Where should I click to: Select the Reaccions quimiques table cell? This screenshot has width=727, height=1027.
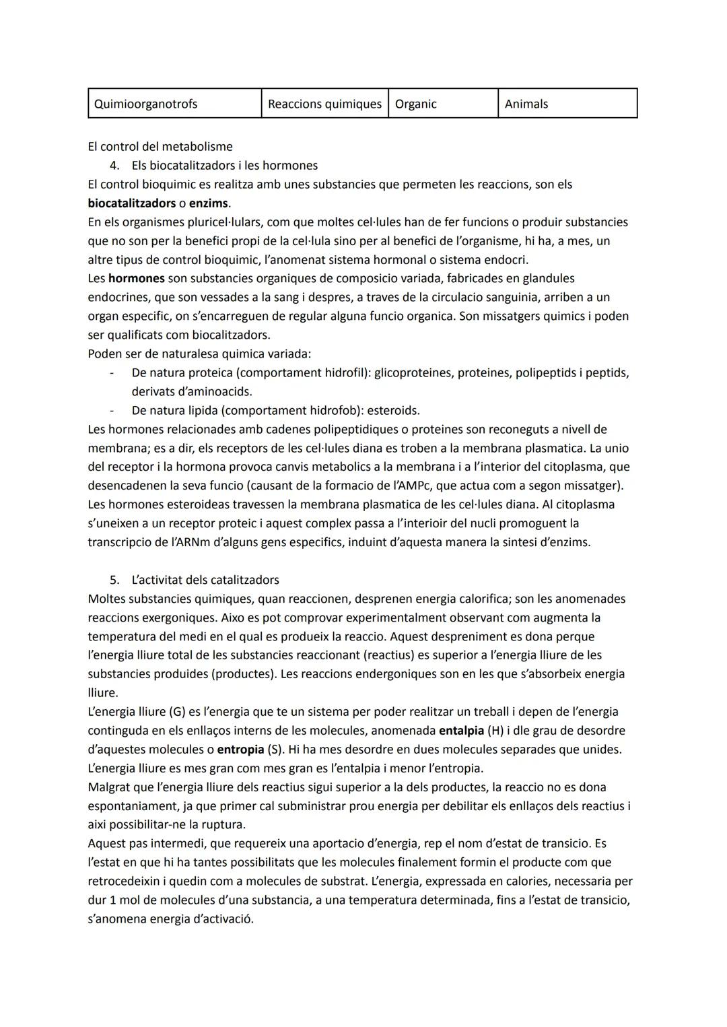pos(324,104)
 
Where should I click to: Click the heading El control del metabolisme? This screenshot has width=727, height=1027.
pos(160,146)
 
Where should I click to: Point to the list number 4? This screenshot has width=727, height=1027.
pos(114,165)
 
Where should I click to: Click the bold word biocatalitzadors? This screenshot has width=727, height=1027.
pos(131,203)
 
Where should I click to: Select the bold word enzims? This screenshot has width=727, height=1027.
pos(209,203)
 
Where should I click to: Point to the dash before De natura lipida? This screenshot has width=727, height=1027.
pos(112,410)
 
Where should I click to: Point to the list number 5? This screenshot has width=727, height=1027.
pos(114,580)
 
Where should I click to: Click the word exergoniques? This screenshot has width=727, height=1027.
pos(177,618)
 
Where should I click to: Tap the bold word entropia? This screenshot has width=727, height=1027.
pos(240,750)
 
